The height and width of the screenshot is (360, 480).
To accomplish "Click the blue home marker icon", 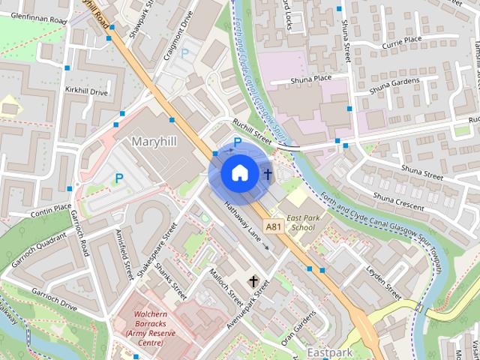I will coord(238,172).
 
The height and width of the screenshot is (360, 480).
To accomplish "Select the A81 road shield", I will coord(273,225).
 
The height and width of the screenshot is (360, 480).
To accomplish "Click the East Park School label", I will coord(304,222).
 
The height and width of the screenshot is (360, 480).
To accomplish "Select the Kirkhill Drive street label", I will coord(86,92).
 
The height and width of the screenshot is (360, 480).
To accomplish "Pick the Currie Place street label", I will coord(402,40).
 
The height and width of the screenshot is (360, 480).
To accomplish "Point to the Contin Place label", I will coord(51,209).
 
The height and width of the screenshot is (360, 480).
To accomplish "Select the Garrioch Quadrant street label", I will coord(39,253).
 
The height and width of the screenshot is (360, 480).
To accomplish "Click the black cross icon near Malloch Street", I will coord(253,282).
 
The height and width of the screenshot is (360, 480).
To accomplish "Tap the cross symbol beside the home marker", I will coord(268,174).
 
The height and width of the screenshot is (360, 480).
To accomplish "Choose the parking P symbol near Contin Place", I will coord(118,178).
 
